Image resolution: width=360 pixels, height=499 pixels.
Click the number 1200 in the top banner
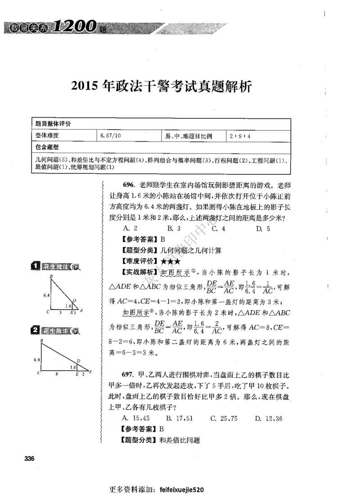tap(73, 27)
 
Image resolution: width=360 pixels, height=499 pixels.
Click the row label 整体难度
tap(48, 135)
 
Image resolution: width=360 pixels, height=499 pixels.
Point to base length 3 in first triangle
tap(60, 312)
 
